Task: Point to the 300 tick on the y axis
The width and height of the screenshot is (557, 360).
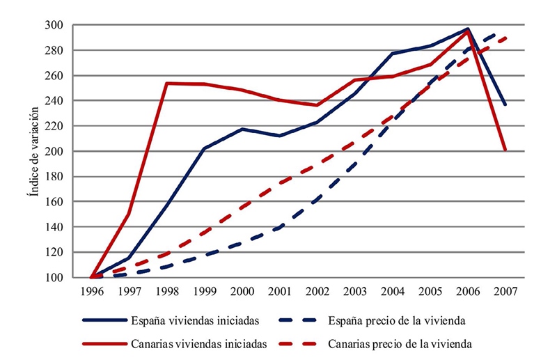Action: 55,25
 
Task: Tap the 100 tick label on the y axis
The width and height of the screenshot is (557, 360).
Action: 55,278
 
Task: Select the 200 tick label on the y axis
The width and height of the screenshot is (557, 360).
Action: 55,152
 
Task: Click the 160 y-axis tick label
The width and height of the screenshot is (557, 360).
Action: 55,202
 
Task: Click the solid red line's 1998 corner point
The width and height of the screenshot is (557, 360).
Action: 167,83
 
